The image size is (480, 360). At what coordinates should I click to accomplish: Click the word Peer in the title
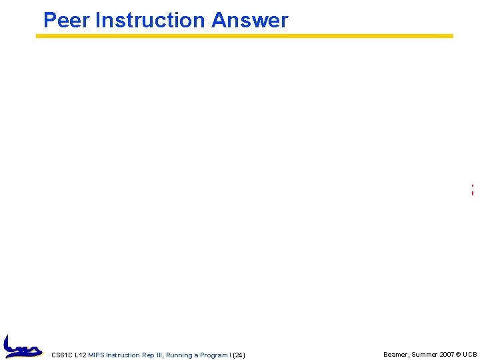[66, 21]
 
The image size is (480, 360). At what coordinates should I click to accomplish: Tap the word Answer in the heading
[250, 21]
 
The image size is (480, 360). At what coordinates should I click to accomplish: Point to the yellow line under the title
[245, 36]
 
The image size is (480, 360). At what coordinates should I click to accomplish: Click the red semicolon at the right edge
[472, 190]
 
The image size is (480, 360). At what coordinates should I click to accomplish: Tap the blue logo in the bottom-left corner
[22, 346]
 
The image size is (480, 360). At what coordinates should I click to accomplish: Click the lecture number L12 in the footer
[81, 355]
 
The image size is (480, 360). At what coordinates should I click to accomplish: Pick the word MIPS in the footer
[96, 355]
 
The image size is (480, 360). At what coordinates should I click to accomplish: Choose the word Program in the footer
[213, 355]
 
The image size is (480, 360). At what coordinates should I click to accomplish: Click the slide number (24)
[238, 355]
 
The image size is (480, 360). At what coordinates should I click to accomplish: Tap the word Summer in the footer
[424, 355]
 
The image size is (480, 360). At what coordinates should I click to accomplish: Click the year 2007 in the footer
[447, 355]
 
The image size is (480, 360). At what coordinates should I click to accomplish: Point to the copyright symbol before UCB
[459, 355]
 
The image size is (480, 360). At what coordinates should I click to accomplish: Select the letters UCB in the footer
[469, 355]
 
